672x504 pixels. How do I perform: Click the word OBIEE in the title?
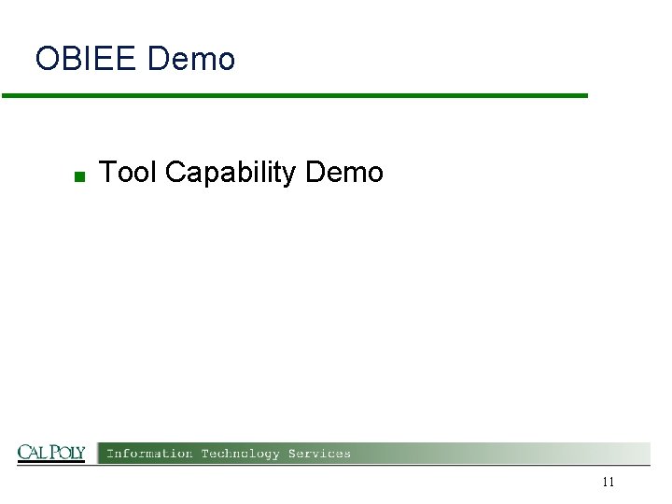pos(87,60)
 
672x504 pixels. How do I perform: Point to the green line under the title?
pos(295,95)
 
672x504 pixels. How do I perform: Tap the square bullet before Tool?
pos(80,175)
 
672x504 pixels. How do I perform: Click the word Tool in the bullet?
pos(128,173)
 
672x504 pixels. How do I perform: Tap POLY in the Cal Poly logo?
pos(67,454)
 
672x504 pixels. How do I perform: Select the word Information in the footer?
pos(149,454)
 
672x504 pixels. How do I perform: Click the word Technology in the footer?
pos(240,454)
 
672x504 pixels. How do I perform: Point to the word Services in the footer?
pos(319,454)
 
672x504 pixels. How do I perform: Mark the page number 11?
pos(609,483)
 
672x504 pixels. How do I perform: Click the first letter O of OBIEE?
pos(46,60)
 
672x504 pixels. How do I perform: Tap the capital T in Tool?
pos(105,173)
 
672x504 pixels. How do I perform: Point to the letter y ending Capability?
pos(289,176)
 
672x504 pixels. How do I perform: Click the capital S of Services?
pos(292,454)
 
